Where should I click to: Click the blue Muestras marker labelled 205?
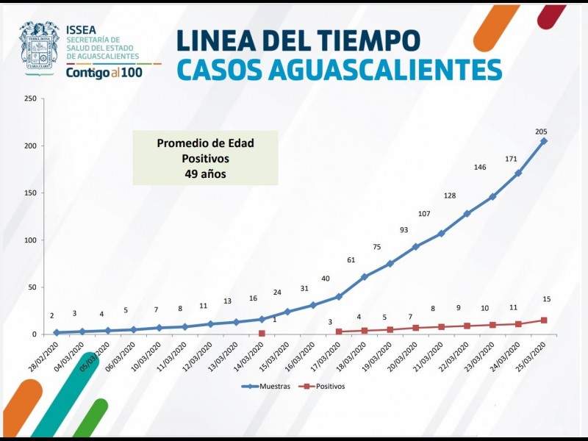pyautogui.click(x=544, y=141)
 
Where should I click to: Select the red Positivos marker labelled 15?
pyautogui.click(x=544, y=320)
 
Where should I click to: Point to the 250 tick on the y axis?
pyautogui.click(x=30, y=99)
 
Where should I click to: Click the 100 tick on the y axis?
pyautogui.click(x=30, y=240)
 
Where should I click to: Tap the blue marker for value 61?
pyautogui.click(x=365, y=277)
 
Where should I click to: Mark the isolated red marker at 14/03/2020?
pyautogui.click(x=262, y=333)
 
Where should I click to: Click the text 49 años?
pyautogui.click(x=205, y=174)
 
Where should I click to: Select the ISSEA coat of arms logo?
pyautogui.click(x=39, y=46)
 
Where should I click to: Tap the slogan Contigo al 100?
pyautogui.click(x=102, y=72)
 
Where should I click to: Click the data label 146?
pyautogui.click(x=480, y=168)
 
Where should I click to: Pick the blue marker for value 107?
pyautogui.click(x=441, y=234)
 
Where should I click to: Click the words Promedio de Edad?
pyautogui.click(x=205, y=143)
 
